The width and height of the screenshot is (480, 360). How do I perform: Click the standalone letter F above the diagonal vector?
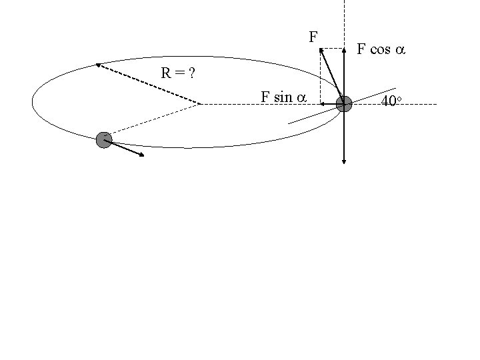point(313,37)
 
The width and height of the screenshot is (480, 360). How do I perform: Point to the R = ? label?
point(177,73)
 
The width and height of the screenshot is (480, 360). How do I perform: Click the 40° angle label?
point(390,102)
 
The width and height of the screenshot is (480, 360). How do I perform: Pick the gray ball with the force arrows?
point(343,103)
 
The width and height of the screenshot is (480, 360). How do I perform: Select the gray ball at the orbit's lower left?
point(103,140)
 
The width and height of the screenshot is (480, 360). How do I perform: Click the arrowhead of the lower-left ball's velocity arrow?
point(143,156)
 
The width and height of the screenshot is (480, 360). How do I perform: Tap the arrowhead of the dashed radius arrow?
point(97,65)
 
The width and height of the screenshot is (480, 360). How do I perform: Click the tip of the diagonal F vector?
point(320,48)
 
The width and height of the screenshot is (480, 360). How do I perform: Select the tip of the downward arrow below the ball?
point(343,162)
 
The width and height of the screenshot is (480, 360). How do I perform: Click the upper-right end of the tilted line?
point(396,88)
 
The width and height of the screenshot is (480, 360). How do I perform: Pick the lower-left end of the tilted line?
point(289,123)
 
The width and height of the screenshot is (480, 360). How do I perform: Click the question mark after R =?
point(192,73)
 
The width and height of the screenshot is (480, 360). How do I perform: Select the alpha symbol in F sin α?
point(301,98)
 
